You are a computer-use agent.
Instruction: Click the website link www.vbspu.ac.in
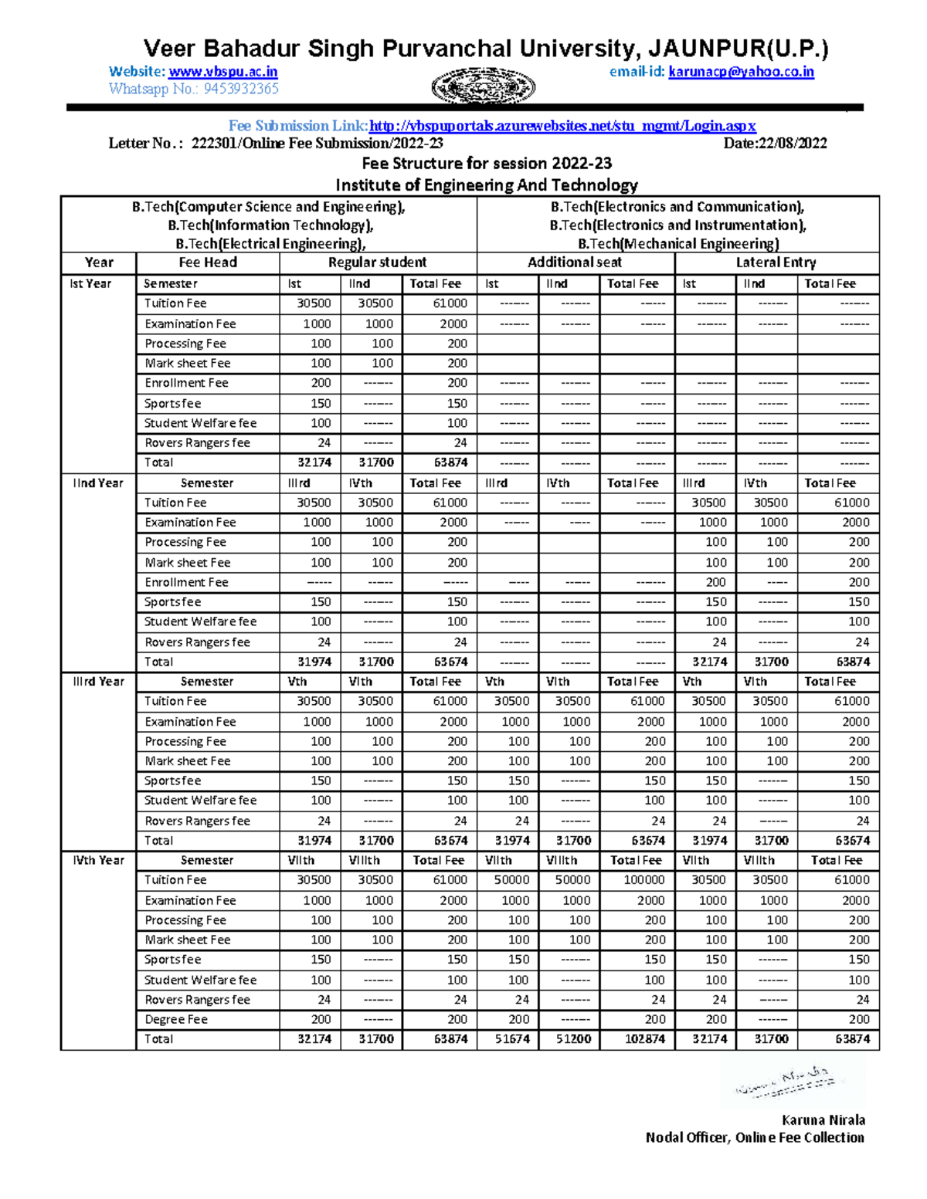click(222, 72)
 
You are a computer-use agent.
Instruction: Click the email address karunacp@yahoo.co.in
click(741, 72)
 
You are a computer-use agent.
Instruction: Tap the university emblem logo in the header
click(484, 86)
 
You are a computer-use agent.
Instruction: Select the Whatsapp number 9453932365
click(241, 89)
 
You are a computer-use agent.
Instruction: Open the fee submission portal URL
click(562, 126)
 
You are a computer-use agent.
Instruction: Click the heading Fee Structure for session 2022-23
click(487, 164)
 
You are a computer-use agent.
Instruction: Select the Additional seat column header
click(575, 262)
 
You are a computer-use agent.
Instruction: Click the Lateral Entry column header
click(776, 262)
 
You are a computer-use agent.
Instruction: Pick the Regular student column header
click(377, 262)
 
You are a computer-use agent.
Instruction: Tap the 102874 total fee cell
click(644, 1039)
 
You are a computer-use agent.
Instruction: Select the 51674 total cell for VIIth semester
click(512, 1039)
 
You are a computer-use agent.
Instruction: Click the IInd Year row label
click(98, 483)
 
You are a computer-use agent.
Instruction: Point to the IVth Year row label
click(98, 860)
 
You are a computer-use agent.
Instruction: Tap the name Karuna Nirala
click(823, 1120)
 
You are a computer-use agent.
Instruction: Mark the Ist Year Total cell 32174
click(314, 462)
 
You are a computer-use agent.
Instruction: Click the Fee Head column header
click(208, 262)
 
